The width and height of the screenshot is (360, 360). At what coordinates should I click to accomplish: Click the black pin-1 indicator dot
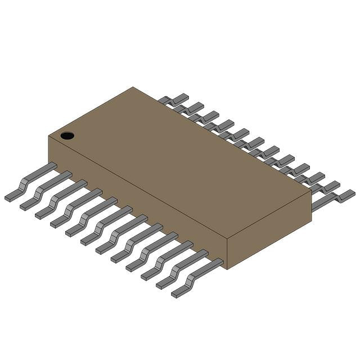click(67, 135)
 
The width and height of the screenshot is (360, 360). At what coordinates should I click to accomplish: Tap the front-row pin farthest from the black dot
click(197, 277)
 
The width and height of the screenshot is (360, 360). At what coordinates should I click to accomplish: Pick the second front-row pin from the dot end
click(46, 190)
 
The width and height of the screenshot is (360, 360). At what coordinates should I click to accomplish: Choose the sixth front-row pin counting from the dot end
click(106, 225)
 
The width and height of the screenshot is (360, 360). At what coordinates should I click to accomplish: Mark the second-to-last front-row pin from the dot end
click(182, 269)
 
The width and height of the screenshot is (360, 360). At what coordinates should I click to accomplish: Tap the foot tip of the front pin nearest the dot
click(10, 197)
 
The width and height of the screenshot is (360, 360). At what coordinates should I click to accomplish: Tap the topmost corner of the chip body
click(133, 87)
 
